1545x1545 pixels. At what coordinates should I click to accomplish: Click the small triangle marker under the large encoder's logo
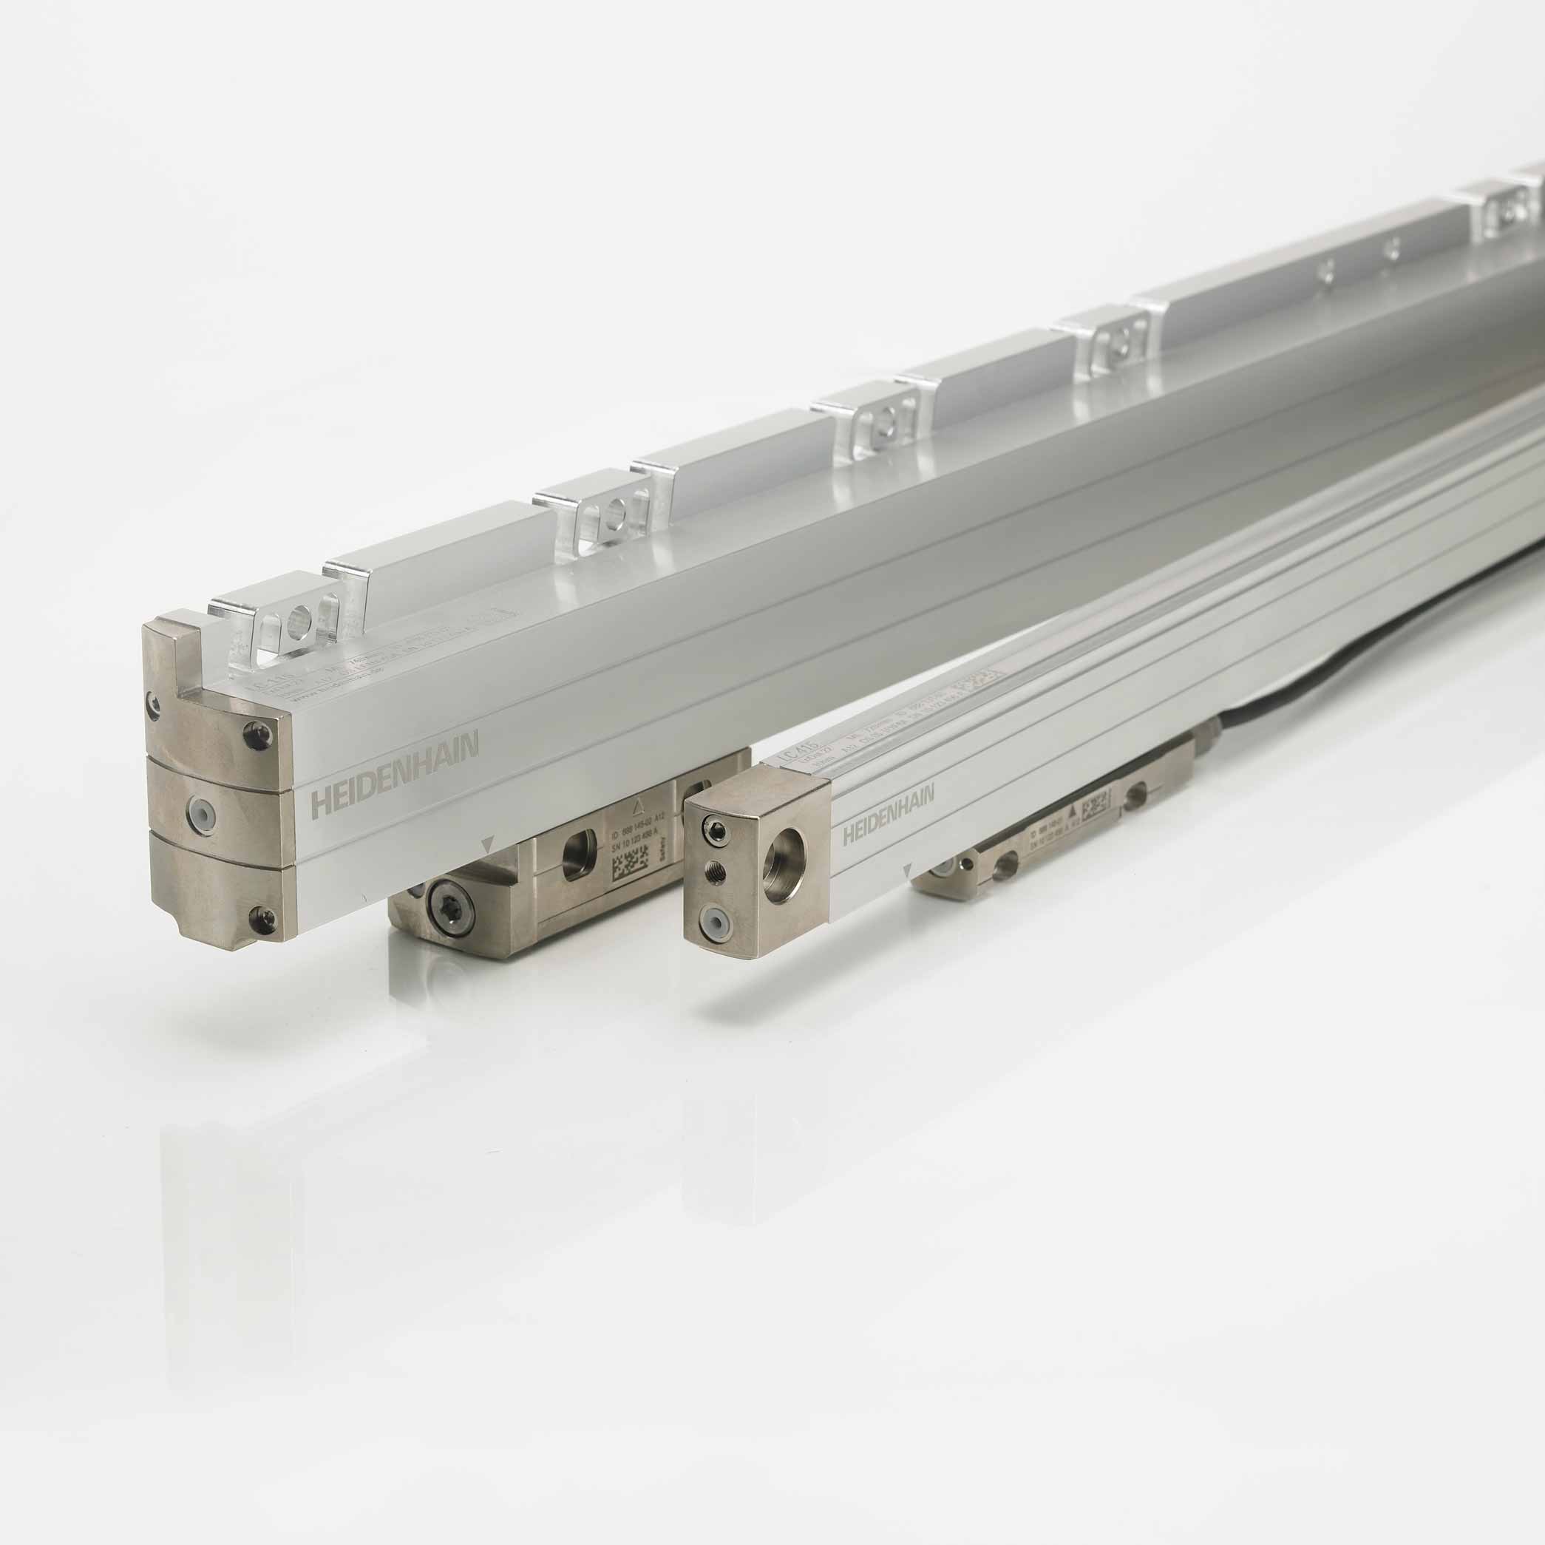(x=489, y=843)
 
